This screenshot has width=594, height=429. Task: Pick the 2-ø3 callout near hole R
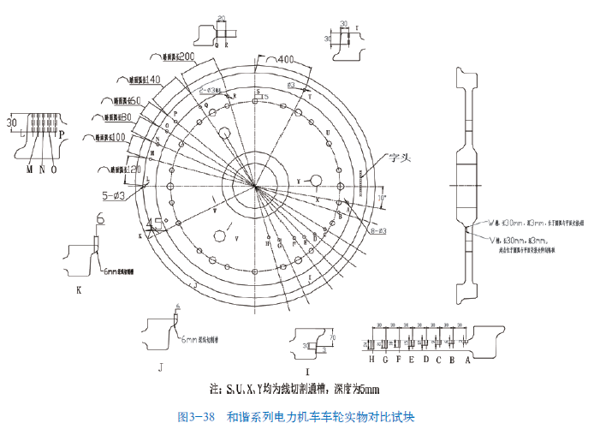[x=211, y=89]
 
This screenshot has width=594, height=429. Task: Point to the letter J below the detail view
[x=160, y=366]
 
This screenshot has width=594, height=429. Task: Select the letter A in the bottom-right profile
[x=467, y=360]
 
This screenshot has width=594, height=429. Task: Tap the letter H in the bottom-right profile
[x=373, y=360]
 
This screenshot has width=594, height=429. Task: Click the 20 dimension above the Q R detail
[x=222, y=17]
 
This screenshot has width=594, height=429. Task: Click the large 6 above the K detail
[x=100, y=220]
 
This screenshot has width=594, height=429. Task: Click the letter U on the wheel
[x=328, y=133]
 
